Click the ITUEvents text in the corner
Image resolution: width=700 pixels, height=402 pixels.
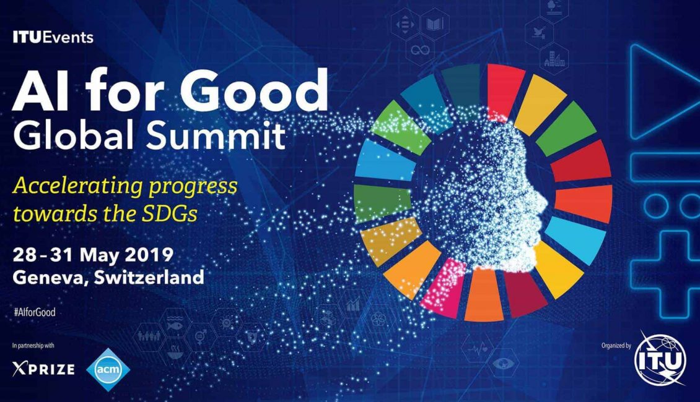pos(53,38)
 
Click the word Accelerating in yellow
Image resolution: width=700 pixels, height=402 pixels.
pos(77,186)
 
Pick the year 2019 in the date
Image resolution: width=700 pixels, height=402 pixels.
pos(149,255)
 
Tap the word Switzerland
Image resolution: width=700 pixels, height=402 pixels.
pos(149,277)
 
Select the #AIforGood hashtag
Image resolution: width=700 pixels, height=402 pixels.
pos(35,312)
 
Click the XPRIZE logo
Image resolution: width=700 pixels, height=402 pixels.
pos(43,369)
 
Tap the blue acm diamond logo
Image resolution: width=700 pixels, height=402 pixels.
pos(108,369)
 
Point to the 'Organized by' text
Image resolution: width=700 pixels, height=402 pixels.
pos(616,345)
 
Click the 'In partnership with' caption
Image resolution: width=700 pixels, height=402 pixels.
pos(33,345)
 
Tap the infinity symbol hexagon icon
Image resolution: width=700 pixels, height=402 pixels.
pos(420,50)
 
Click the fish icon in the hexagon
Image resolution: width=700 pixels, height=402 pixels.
pos(174,325)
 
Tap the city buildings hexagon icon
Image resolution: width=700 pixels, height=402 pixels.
pos(554,59)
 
